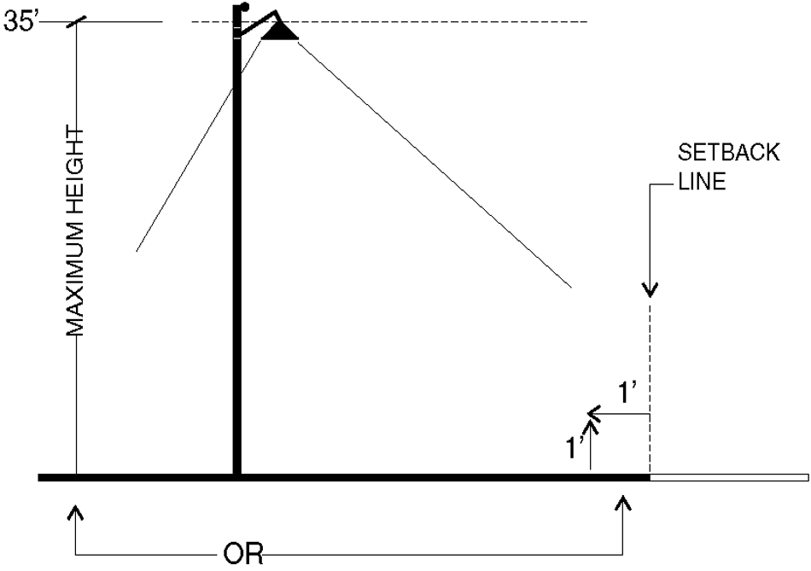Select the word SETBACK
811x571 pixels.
click(x=728, y=154)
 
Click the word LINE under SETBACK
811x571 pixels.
click(x=702, y=182)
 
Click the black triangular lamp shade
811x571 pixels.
click(x=279, y=32)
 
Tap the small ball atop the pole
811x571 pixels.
click(x=244, y=7)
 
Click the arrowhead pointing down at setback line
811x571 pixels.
click(x=651, y=290)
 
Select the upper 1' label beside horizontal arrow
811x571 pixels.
click(x=628, y=394)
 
